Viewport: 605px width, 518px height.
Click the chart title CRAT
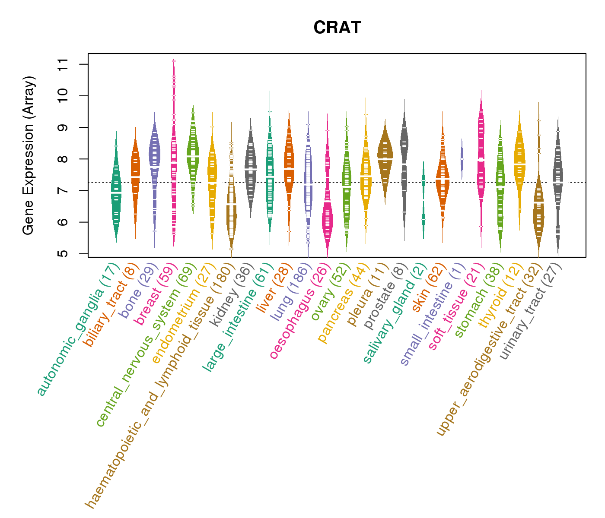tap(337, 28)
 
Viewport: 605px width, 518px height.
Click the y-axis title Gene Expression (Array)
tap(29, 155)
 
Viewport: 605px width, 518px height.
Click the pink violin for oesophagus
tap(328, 216)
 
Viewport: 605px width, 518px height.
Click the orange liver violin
tap(289, 164)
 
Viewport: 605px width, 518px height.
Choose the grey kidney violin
tap(250, 168)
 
